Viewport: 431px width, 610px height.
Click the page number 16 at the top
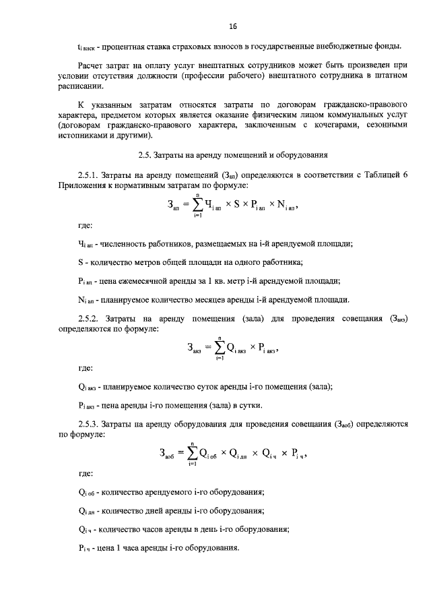pyautogui.click(x=233, y=26)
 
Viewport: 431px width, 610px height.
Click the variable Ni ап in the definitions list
pyautogui.click(x=84, y=299)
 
